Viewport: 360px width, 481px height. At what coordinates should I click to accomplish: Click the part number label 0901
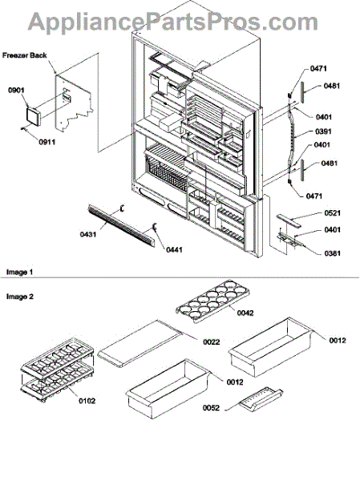(x=16, y=91)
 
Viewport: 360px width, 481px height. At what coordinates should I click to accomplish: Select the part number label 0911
(x=47, y=142)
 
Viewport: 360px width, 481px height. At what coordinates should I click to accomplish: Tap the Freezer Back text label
(x=25, y=55)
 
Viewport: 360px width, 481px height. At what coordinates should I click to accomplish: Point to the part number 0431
(x=88, y=234)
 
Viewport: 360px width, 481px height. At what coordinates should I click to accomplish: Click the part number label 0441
(x=174, y=250)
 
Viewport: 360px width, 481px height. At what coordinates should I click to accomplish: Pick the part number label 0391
(x=323, y=131)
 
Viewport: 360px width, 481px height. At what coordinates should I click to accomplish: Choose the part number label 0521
(x=333, y=213)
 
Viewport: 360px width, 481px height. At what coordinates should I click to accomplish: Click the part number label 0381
(x=333, y=253)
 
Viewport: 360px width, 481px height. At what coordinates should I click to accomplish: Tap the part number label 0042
(x=245, y=313)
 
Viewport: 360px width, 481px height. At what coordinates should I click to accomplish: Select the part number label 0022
(x=212, y=342)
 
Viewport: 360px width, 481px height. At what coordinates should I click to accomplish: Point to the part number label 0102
(x=87, y=401)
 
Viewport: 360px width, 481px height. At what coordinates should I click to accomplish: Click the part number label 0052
(x=211, y=408)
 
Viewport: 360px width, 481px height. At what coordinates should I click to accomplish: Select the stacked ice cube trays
(x=57, y=369)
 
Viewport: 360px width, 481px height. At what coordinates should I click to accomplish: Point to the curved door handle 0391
(x=290, y=137)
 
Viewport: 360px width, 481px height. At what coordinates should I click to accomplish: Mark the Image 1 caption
(x=19, y=272)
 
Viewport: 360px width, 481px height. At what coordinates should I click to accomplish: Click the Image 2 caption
(x=20, y=297)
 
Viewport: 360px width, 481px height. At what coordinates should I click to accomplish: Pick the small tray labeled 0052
(x=261, y=398)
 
